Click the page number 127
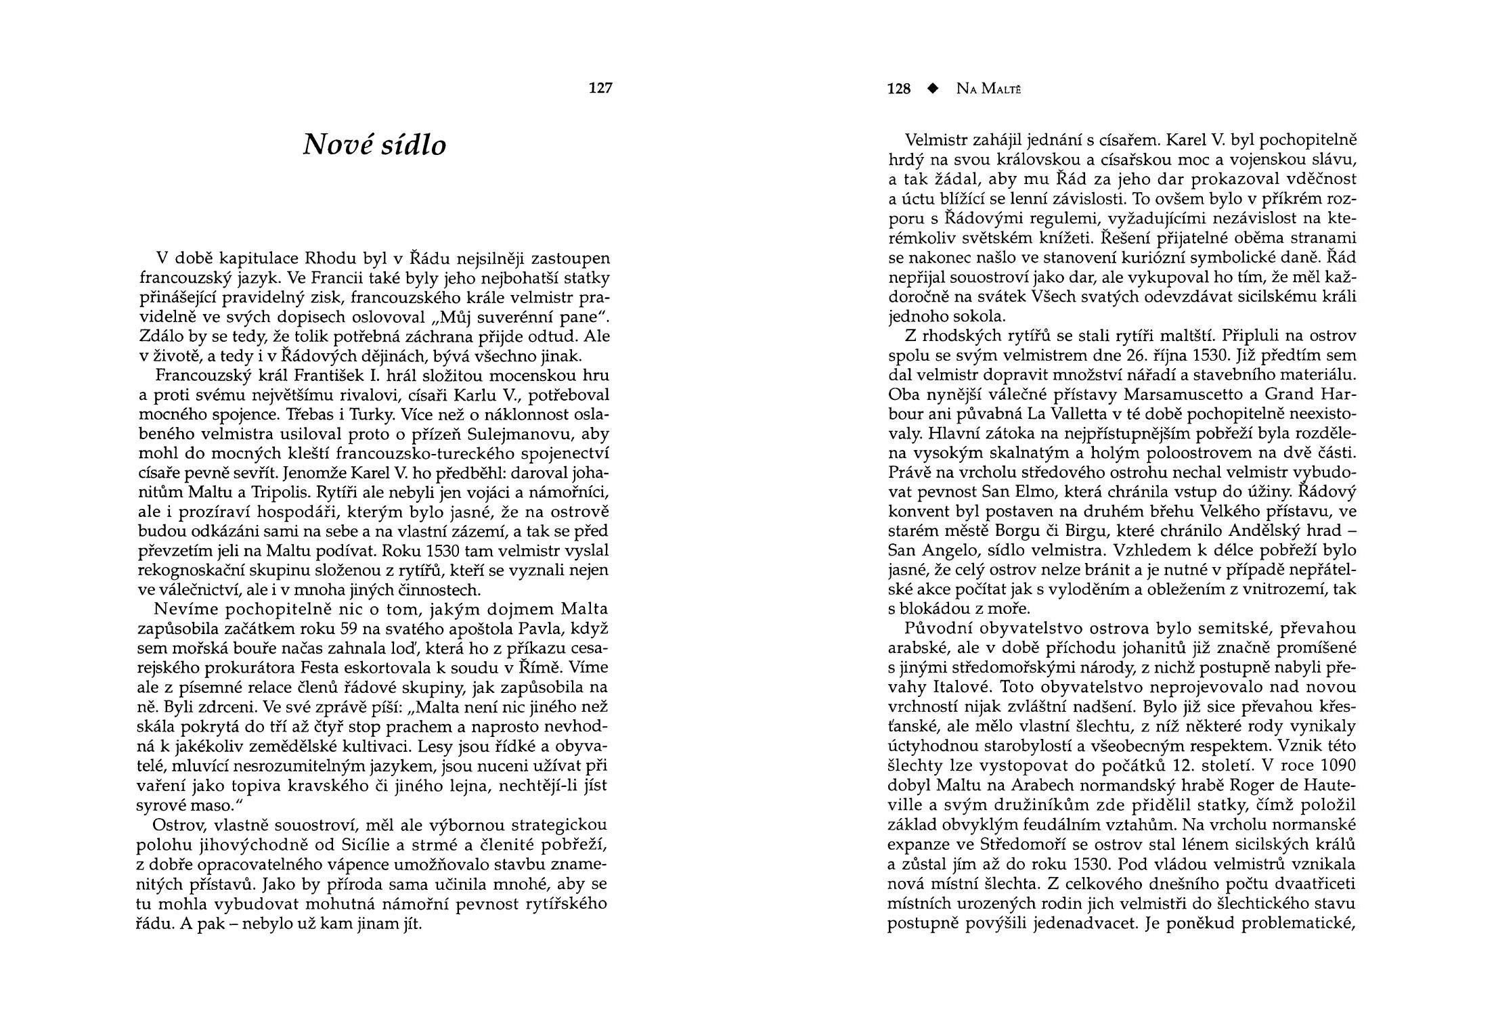pos(600,88)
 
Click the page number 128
pos(899,89)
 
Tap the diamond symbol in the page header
pos(935,89)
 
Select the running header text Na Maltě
pos(988,89)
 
